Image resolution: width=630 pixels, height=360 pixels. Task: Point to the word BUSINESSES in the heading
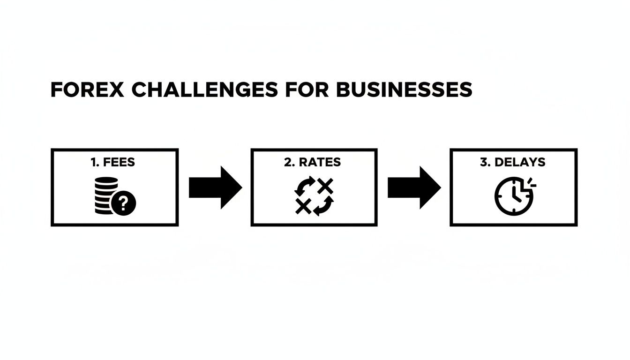pyautogui.click(x=404, y=90)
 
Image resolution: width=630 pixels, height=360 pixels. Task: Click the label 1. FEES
pyautogui.click(x=112, y=163)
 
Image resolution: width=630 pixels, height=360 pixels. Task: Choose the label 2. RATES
pyautogui.click(x=313, y=163)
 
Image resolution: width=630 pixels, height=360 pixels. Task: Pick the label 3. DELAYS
pyautogui.click(x=512, y=163)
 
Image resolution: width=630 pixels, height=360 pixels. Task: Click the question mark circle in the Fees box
pyautogui.click(x=124, y=203)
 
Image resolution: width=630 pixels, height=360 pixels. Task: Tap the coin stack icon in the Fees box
pyautogui.click(x=106, y=195)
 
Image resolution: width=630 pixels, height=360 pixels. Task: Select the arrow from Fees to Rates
pyautogui.click(x=215, y=187)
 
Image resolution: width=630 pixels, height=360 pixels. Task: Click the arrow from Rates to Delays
pyautogui.click(x=414, y=187)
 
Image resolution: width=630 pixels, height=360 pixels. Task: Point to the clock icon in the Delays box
pyautogui.click(x=514, y=196)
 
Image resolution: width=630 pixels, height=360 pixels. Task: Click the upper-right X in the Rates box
pyautogui.click(x=325, y=187)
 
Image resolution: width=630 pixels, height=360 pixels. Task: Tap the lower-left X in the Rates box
pyautogui.click(x=303, y=206)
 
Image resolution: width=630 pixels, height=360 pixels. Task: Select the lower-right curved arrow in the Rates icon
pyautogui.click(x=324, y=206)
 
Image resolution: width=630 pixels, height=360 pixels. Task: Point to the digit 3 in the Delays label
pyautogui.click(x=484, y=163)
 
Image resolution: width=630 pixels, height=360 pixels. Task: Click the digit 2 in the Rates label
pyautogui.click(x=287, y=163)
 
